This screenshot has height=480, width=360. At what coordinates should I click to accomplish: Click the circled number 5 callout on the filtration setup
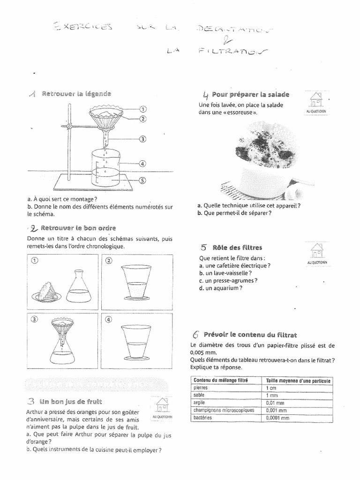click(x=143, y=179)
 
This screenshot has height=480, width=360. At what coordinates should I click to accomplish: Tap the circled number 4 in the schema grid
click(x=109, y=321)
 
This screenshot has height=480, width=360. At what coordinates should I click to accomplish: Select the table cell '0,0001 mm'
click(x=277, y=417)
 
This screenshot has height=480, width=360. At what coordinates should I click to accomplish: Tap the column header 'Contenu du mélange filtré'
click(x=221, y=380)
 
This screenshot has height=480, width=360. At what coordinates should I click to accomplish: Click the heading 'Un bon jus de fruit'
click(x=70, y=401)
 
